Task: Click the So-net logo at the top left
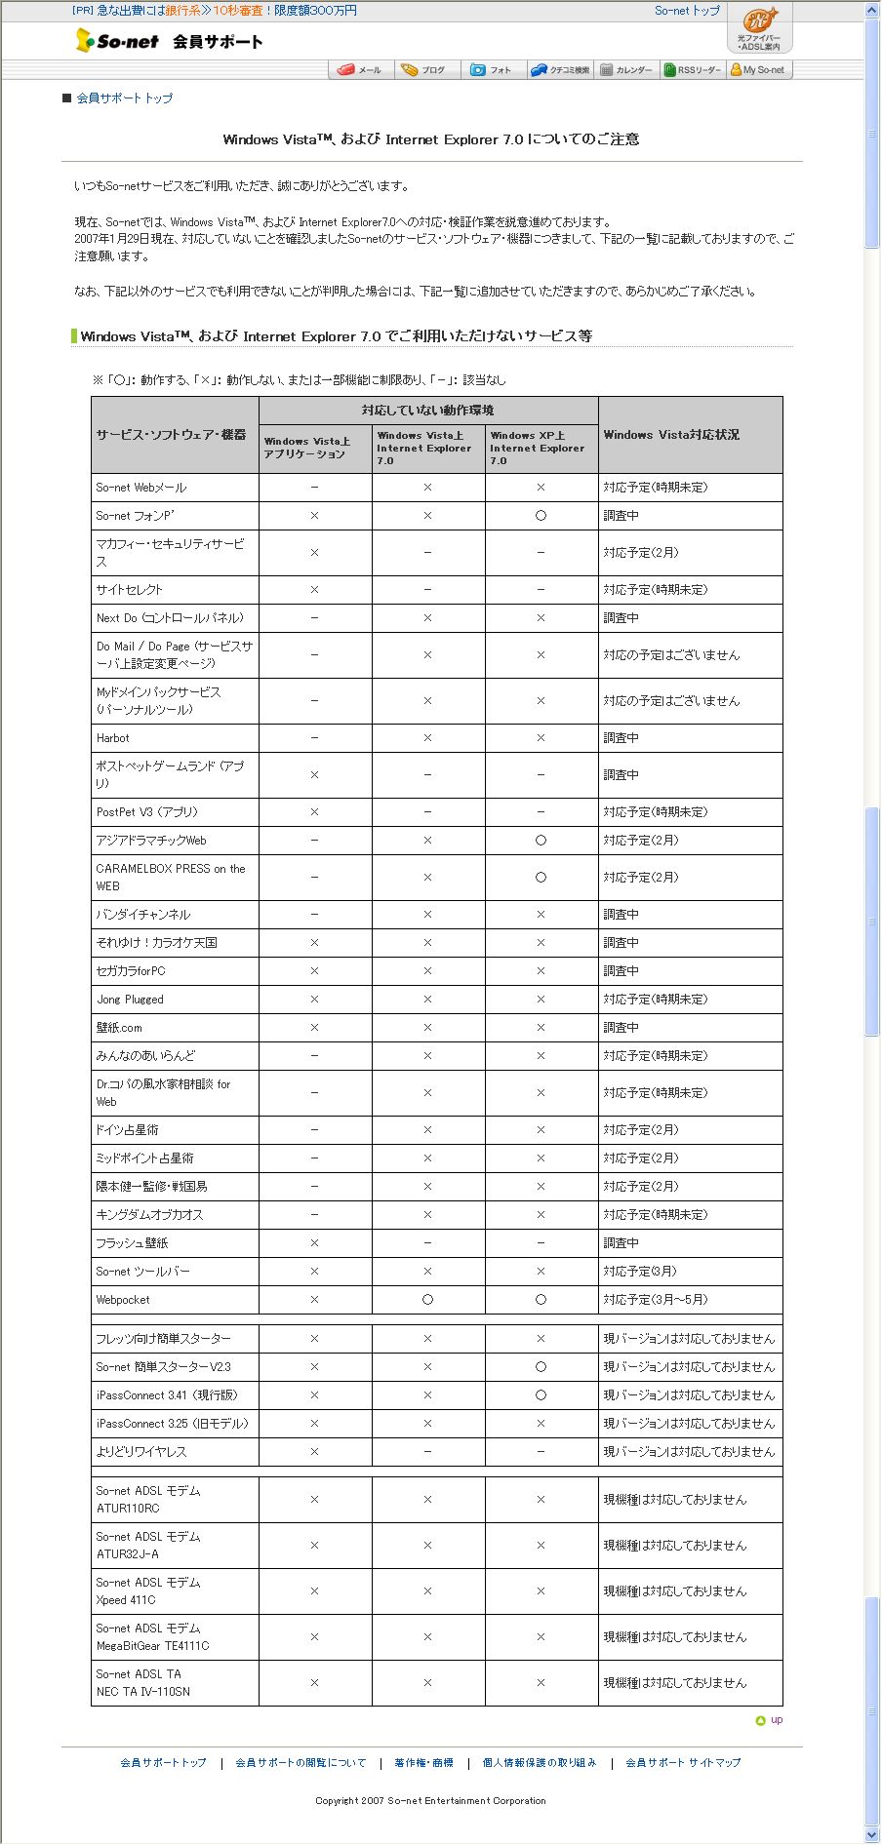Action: [118, 41]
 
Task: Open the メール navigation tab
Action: [360, 70]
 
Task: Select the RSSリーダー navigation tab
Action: [693, 70]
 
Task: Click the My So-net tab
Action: [758, 70]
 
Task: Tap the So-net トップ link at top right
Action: [687, 11]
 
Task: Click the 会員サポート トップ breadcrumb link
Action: [124, 98]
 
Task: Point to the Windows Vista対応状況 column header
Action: [671, 435]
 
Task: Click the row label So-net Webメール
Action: [141, 488]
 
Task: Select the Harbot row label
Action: [113, 738]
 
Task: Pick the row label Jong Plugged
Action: [130, 1000]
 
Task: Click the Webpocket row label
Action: [123, 1300]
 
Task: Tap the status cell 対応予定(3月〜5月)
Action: [656, 1300]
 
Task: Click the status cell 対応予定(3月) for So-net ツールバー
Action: [640, 1272]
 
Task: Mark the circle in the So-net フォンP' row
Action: [541, 516]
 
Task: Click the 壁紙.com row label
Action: [119, 1028]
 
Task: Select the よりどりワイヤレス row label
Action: [141, 1452]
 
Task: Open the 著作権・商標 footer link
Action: [423, 1763]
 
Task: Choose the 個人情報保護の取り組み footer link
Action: [540, 1763]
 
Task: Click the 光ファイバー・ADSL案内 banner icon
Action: [759, 27]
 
